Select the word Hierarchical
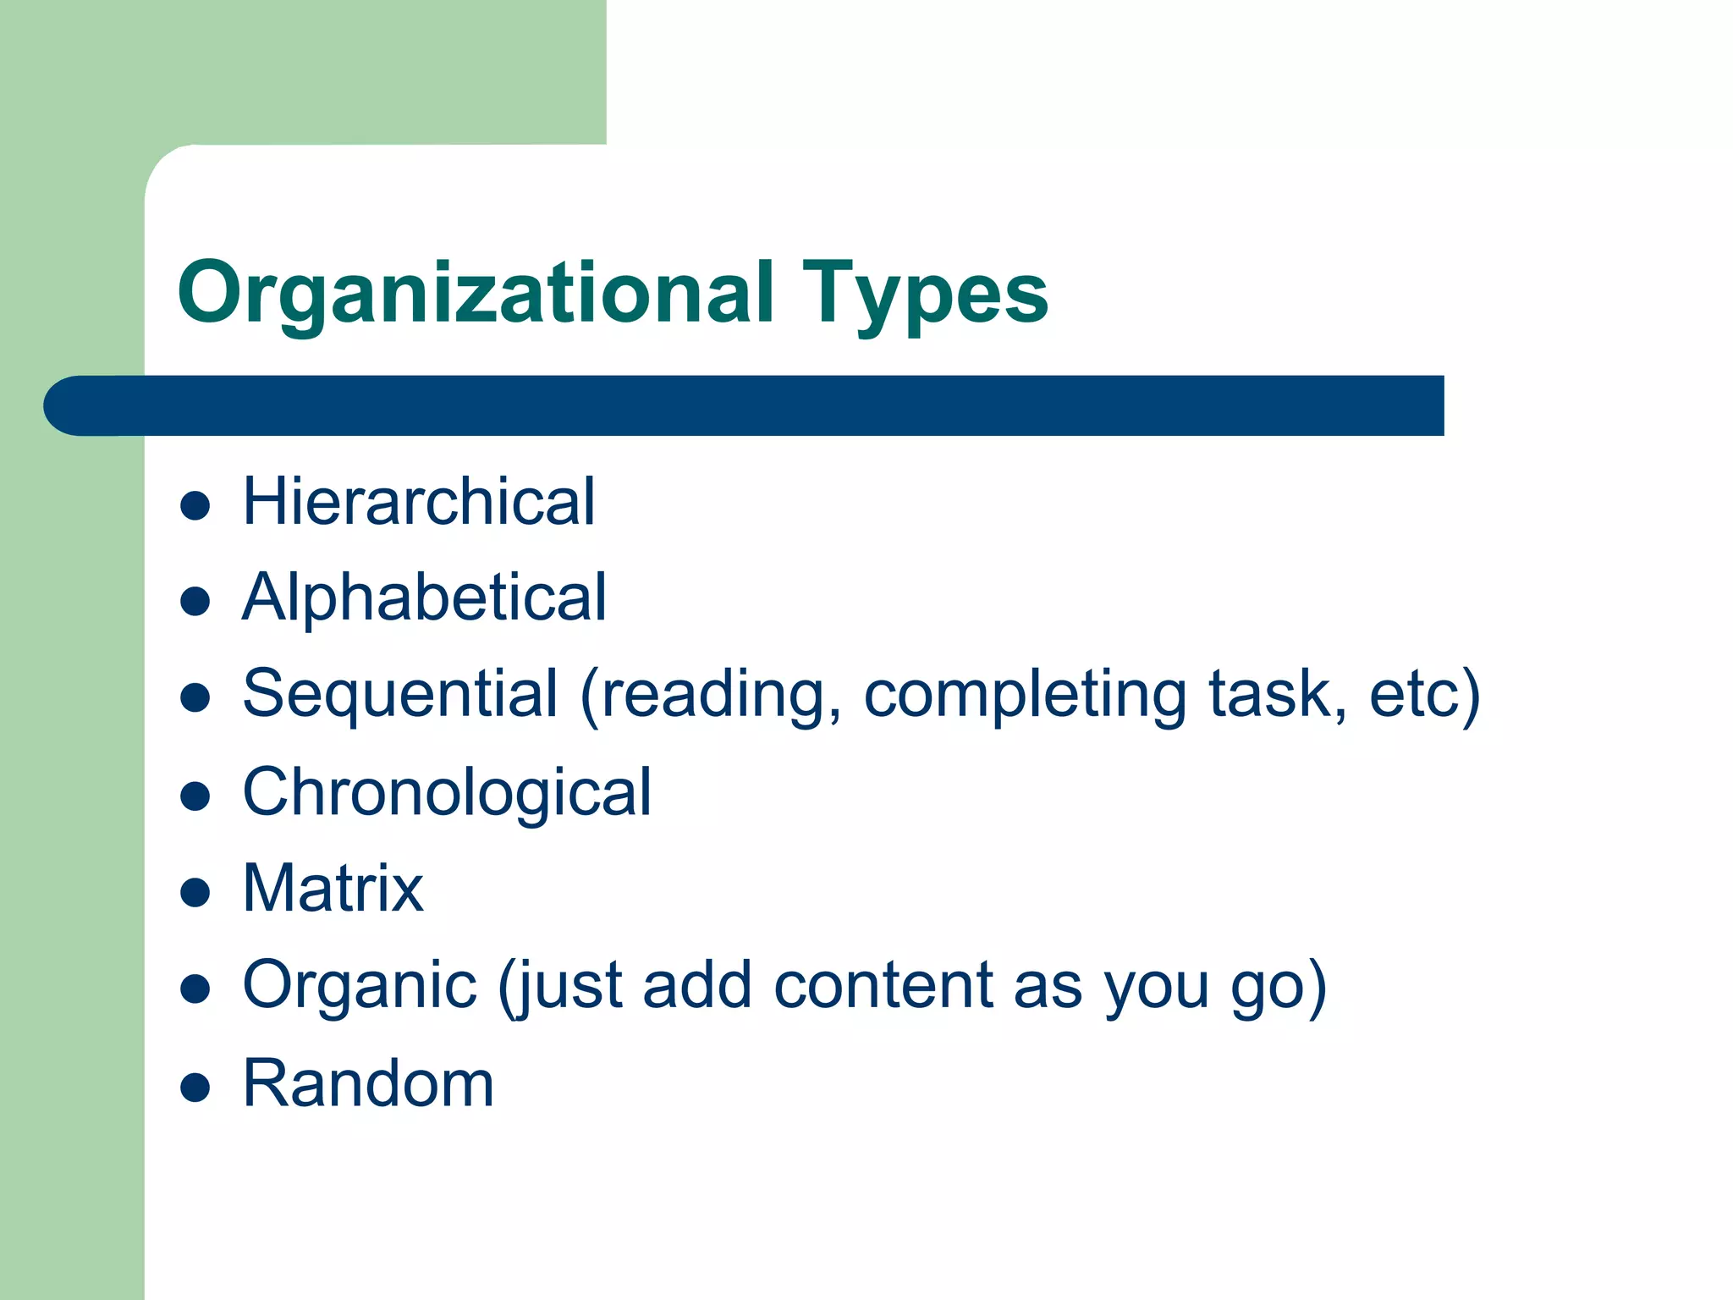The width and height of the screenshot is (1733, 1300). (419, 501)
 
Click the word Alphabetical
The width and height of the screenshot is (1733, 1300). (424, 598)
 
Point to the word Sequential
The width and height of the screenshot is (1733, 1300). (400, 694)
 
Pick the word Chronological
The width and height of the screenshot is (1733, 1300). (447, 792)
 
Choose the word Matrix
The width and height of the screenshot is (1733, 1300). (333, 889)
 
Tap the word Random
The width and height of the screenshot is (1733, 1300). (368, 1083)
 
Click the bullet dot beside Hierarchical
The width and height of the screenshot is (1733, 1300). (195, 506)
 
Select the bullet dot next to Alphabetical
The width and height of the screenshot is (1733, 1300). (195, 602)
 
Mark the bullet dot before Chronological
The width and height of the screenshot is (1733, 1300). (195, 796)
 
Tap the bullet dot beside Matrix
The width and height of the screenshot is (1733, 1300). (195, 893)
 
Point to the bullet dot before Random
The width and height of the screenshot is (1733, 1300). (195, 1088)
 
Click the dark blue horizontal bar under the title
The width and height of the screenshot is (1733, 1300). (762, 405)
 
